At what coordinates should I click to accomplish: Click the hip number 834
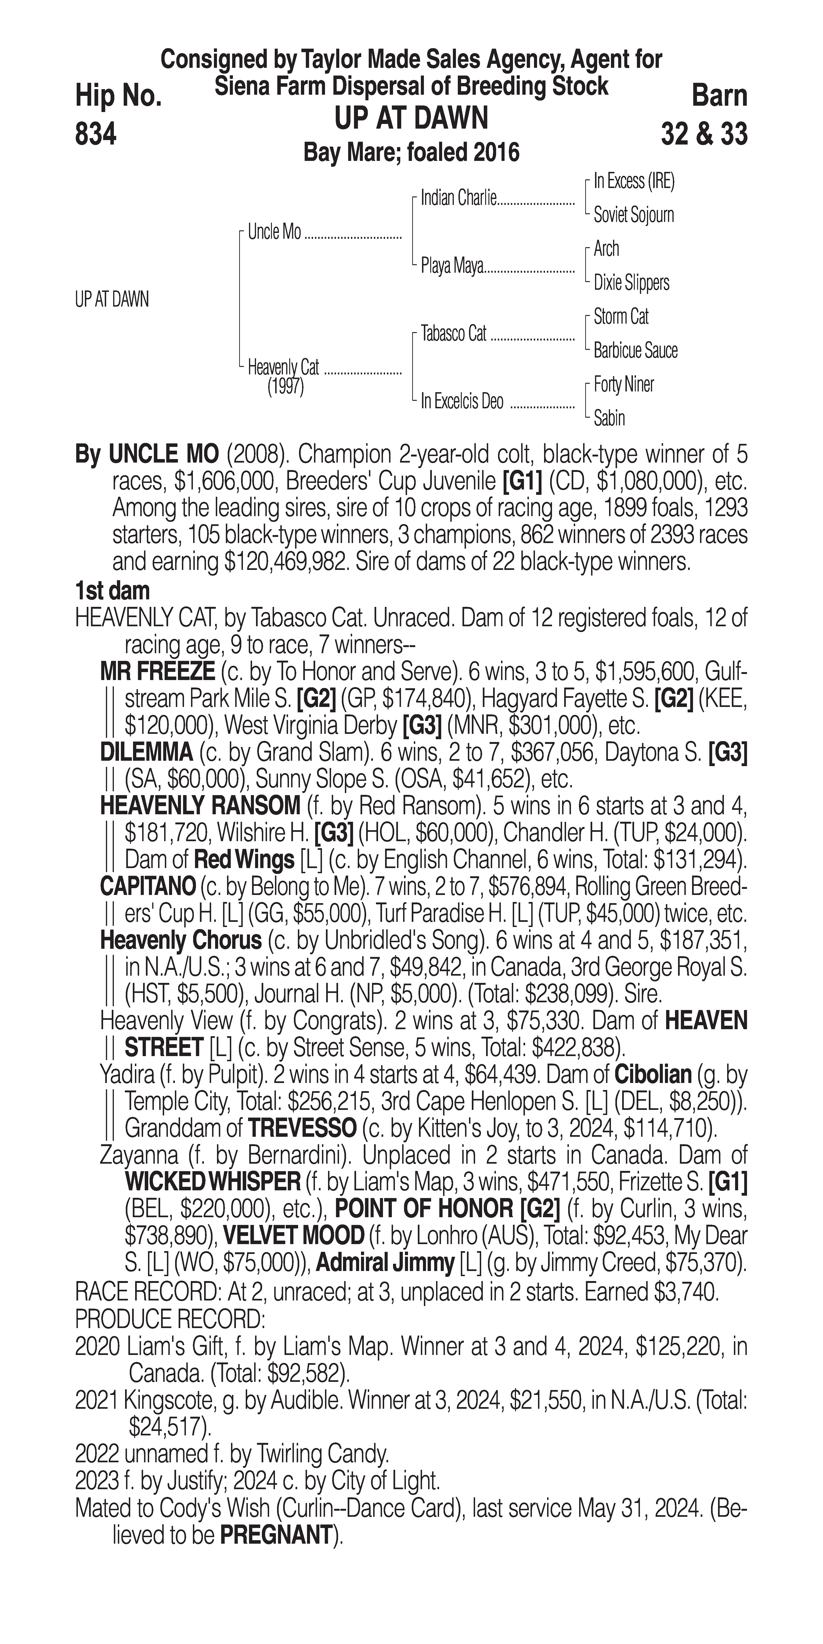[x=96, y=135]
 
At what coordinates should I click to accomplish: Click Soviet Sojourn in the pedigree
[x=634, y=215]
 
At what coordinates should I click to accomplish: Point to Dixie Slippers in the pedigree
[x=631, y=283]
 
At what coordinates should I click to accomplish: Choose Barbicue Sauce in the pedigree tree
[x=635, y=350]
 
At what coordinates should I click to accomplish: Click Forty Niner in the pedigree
[x=623, y=384]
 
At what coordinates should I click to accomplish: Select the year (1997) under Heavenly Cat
[x=285, y=387]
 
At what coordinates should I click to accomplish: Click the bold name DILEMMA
[x=147, y=753]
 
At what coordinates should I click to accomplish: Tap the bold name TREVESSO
[x=302, y=1128]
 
